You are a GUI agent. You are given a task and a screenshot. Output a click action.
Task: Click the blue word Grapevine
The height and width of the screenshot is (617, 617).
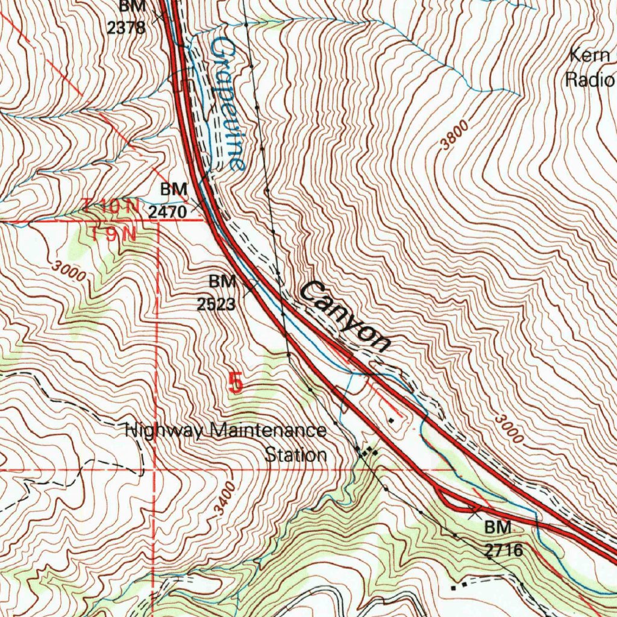click(x=228, y=103)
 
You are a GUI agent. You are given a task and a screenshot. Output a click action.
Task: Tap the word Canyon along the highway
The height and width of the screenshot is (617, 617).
click(x=345, y=316)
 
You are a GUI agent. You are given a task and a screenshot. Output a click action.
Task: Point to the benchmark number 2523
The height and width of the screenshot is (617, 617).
click(x=216, y=304)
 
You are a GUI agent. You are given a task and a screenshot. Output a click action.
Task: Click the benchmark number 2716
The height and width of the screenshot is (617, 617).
click(x=503, y=550)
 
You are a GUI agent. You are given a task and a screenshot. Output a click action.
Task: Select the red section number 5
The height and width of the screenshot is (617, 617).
click(x=236, y=383)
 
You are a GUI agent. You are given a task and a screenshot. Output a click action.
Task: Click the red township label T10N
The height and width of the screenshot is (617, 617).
click(x=111, y=207)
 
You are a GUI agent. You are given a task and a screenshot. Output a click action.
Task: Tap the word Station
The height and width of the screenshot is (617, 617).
click(x=296, y=454)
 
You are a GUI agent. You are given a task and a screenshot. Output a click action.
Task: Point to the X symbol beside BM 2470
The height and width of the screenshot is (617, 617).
click(x=196, y=208)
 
